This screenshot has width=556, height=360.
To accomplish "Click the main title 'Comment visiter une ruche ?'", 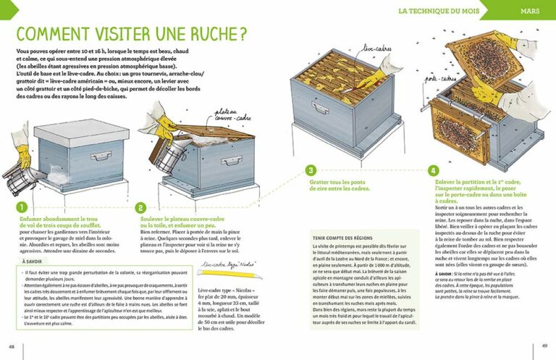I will coord(130,35).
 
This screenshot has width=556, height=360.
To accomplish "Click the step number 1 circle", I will coord(22,206).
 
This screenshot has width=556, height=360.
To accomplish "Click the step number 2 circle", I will coord(141,206).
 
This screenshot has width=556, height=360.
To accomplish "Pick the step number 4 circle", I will coord(433,171).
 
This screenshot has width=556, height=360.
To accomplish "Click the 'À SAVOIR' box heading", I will coord(31,261).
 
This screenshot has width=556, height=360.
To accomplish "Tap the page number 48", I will coord(11,346).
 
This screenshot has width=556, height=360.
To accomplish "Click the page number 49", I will coord(544,346).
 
